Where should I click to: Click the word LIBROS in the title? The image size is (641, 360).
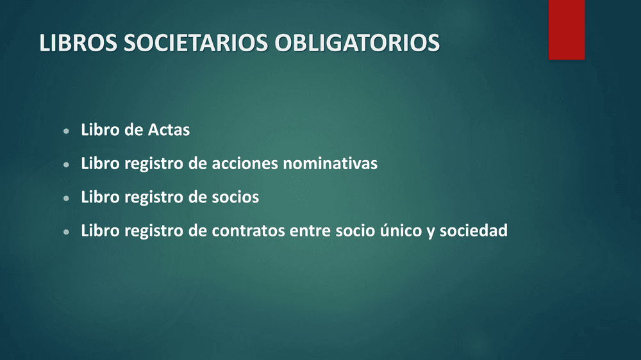pyautogui.click(x=78, y=43)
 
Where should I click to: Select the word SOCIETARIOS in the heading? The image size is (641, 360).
pyautogui.click(x=196, y=43)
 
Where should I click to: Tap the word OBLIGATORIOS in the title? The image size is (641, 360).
pyautogui.click(x=357, y=43)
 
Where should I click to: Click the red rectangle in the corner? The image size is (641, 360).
pyautogui.click(x=567, y=29)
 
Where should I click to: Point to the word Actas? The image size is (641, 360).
pyautogui.click(x=169, y=130)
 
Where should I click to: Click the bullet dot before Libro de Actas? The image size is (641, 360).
pyautogui.click(x=66, y=131)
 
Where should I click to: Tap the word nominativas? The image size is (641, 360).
pyautogui.click(x=330, y=163)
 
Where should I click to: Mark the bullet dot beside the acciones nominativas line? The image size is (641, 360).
pyautogui.click(x=66, y=165)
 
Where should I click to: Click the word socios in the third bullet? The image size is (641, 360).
pyautogui.click(x=235, y=197)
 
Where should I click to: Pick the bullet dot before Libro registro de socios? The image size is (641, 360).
pyautogui.click(x=66, y=198)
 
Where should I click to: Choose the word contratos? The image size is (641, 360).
pyautogui.click(x=248, y=231)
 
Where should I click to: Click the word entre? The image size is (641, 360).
pyautogui.click(x=310, y=231)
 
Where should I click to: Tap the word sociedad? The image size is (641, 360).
pyautogui.click(x=474, y=231)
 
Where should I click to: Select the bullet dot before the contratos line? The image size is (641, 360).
pyautogui.click(x=66, y=232)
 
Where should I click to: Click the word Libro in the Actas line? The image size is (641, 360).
pyautogui.click(x=100, y=130)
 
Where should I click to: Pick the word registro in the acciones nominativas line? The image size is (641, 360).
pyautogui.click(x=154, y=164)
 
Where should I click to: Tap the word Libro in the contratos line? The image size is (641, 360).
pyautogui.click(x=100, y=231)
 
